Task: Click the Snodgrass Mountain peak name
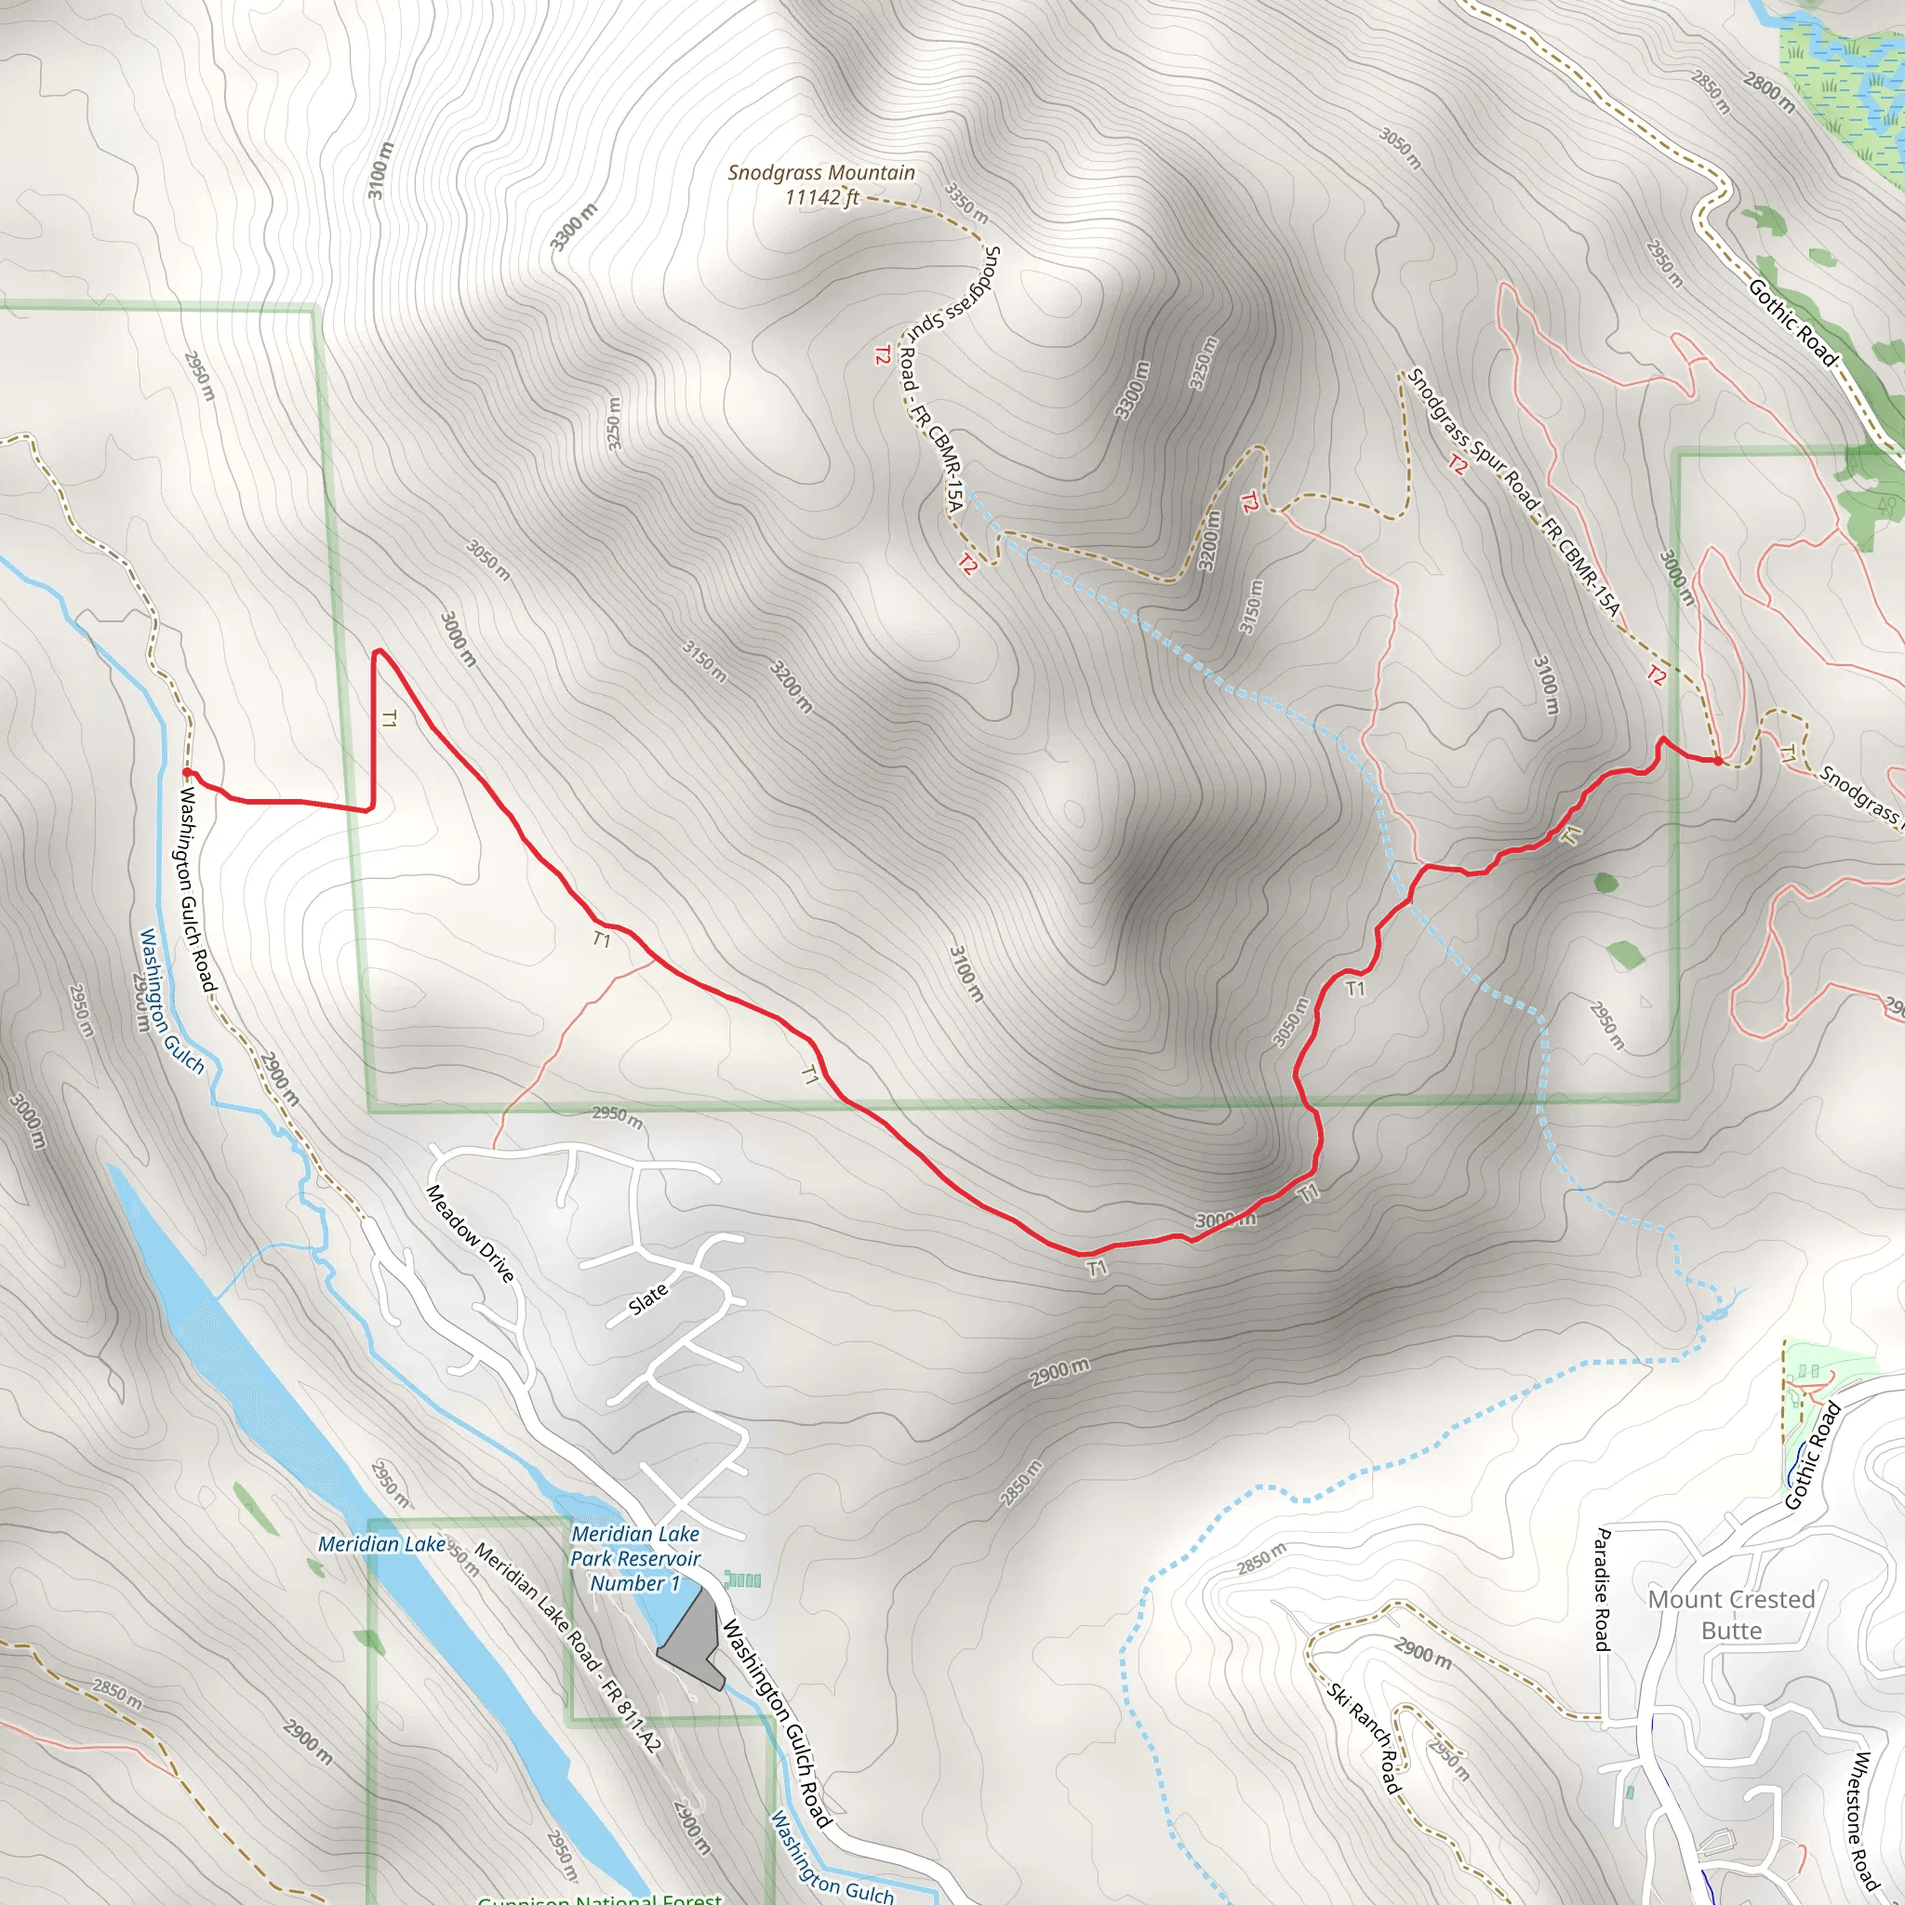click(821, 173)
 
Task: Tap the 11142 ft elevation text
click(821, 197)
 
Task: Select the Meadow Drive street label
click(470, 1233)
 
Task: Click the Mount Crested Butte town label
click(1730, 1614)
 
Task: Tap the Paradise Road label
click(1603, 1589)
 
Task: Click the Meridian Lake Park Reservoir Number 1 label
click(636, 1558)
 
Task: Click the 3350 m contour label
click(966, 202)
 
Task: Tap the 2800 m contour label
click(1769, 92)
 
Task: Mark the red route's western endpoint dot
click(187, 773)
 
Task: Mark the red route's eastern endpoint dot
click(1718, 761)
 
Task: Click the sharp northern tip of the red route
click(378, 652)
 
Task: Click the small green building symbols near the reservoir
click(742, 1580)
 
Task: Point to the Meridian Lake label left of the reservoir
click(381, 1544)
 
